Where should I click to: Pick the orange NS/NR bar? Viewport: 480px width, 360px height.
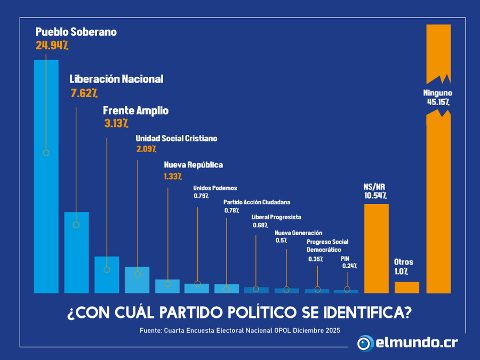[376, 248]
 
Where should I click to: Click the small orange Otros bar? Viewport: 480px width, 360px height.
[406, 287]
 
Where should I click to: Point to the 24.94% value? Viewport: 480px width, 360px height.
[52, 45]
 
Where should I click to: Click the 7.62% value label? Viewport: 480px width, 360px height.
[84, 93]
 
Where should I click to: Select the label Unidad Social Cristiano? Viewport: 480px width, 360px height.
[176, 138]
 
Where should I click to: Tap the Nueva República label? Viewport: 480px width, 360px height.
[193, 165]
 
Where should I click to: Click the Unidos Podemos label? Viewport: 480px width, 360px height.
[214, 188]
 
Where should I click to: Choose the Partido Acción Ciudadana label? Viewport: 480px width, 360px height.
[257, 203]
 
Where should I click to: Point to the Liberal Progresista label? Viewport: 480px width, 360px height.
[276, 217]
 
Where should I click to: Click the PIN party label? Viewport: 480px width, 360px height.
[345, 258]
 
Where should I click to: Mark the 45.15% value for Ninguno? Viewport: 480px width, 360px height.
[438, 101]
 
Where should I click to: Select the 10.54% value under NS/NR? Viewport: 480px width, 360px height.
[375, 196]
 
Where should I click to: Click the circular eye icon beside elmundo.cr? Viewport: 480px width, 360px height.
[365, 342]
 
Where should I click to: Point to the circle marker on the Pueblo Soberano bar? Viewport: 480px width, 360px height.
[46, 153]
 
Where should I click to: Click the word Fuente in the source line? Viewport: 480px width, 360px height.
[152, 330]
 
